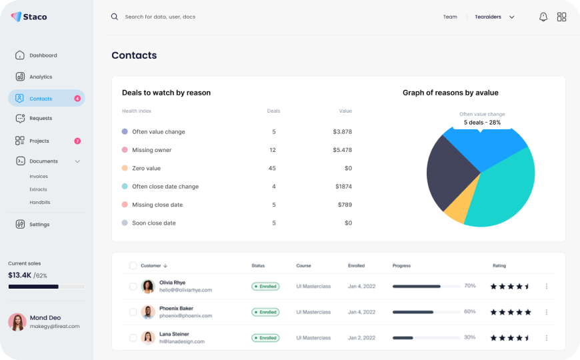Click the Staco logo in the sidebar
29,17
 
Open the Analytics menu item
40,77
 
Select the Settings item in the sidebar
39,225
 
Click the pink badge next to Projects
77,141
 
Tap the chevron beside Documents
77,161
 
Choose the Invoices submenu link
39,177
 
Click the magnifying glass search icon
115,17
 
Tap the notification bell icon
543,17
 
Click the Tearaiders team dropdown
495,17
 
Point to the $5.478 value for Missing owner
342,150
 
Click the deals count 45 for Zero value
272,168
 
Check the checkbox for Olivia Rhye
133,287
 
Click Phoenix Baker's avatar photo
148,312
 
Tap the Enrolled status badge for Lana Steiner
265,338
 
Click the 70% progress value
469,286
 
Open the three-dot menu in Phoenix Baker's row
547,312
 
